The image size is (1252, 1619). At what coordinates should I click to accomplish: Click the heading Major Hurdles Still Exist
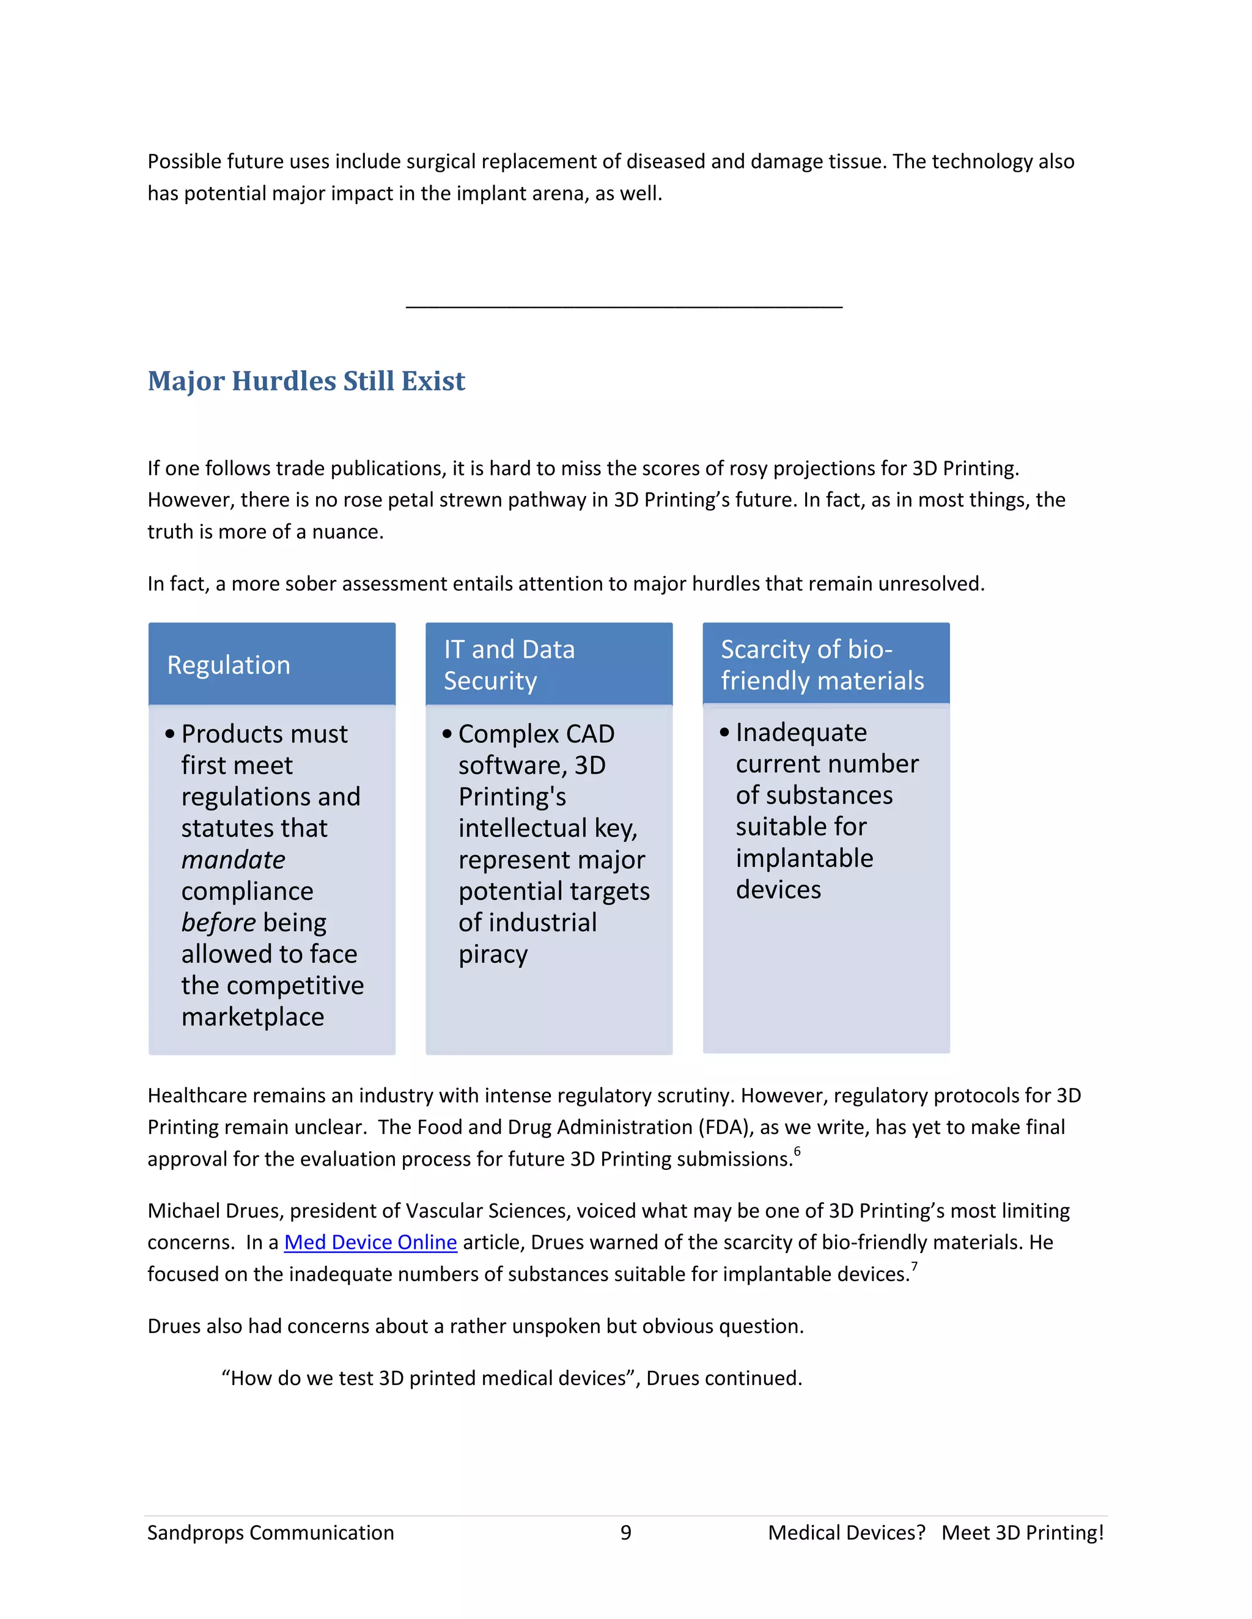(306, 381)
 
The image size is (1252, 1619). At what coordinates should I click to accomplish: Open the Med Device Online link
(370, 1243)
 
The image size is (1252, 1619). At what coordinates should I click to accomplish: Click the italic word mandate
(233, 860)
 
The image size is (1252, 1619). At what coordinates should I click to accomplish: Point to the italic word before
(218, 923)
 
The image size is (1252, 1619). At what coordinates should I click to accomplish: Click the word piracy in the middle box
(493, 955)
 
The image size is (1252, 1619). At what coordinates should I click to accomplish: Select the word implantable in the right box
(804, 858)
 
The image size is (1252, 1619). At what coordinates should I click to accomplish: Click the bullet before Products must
(170, 734)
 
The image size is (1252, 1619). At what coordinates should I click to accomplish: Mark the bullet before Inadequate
(724, 733)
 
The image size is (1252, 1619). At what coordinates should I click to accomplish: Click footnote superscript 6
(797, 1151)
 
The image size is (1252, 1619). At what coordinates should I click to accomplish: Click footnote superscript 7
(914, 1266)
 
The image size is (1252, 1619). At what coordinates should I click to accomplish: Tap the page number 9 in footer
(625, 1532)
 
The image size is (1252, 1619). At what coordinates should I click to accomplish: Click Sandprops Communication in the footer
(271, 1532)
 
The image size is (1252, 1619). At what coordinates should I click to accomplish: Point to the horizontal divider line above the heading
(624, 305)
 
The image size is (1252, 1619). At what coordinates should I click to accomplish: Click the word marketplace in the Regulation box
(252, 1017)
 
